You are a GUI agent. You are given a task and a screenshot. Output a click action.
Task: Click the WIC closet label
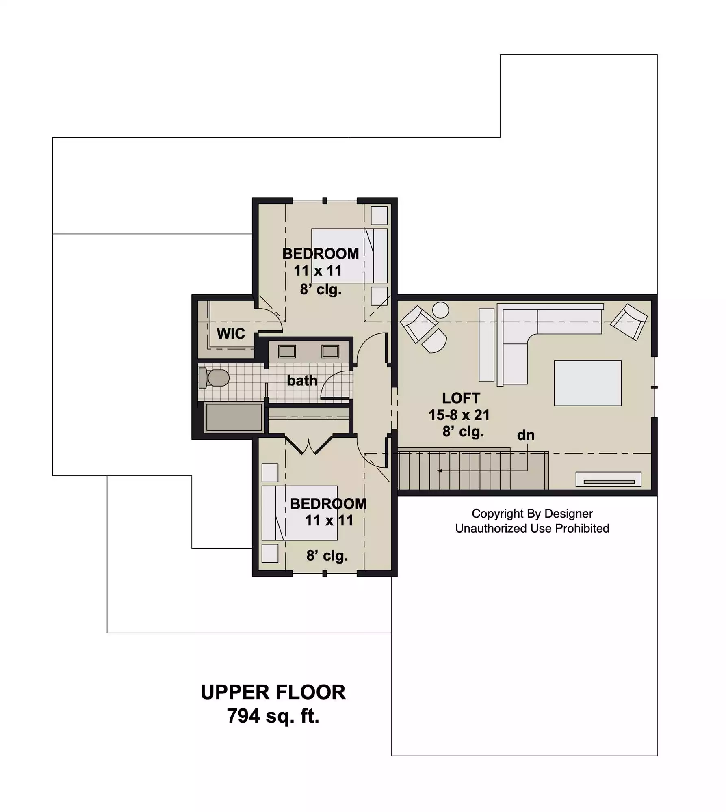click(231, 333)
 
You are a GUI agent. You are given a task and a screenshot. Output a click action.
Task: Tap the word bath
click(302, 380)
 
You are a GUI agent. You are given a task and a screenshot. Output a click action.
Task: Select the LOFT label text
click(461, 398)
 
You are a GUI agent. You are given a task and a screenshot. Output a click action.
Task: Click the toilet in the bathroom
click(214, 378)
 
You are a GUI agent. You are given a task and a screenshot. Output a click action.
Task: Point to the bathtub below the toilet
click(234, 417)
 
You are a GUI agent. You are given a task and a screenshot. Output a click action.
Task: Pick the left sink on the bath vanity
click(287, 351)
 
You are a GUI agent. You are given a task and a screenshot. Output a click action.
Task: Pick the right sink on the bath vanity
click(330, 351)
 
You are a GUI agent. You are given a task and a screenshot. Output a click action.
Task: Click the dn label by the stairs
click(525, 435)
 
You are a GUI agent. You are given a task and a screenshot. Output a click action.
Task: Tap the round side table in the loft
click(440, 310)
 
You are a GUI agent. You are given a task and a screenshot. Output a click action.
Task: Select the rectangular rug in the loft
click(587, 383)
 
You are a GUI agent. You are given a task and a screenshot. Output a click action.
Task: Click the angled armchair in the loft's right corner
click(629, 322)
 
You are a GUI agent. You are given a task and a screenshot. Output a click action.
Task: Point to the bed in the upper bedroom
click(349, 256)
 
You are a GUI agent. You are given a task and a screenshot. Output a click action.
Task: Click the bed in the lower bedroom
click(299, 513)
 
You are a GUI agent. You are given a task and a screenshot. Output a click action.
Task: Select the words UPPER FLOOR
click(273, 692)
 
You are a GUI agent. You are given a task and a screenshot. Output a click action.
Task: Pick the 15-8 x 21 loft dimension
click(459, 415)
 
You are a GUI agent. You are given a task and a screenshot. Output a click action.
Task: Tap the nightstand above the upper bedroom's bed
click(379, 215)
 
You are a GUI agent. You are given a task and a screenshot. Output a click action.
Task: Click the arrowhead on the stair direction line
click(439, 471)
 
